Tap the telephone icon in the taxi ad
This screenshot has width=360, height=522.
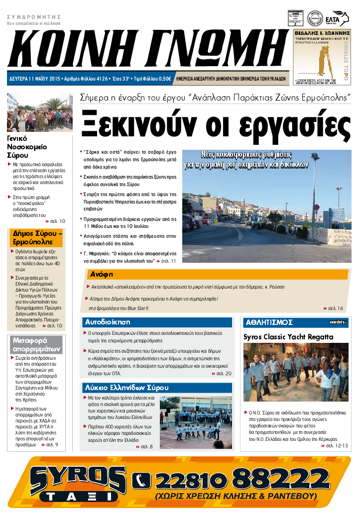[x=143, y=480]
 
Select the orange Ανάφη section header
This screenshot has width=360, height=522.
[x=102, y=274]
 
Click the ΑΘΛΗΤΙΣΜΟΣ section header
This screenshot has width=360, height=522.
[x=269, y=322]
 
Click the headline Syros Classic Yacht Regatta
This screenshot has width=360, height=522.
[x=288, y=337]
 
